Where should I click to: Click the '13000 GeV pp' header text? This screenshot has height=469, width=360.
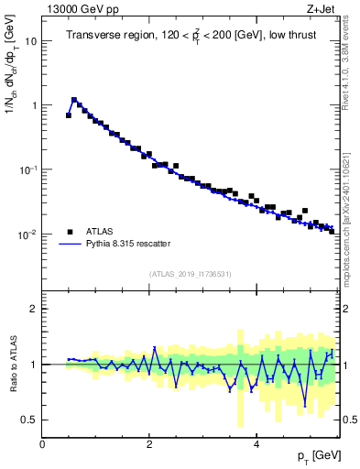point(81,9)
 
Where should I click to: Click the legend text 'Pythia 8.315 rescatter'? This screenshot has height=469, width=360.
point(124,244)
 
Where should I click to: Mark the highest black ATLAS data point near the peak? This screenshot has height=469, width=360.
point(74,100)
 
